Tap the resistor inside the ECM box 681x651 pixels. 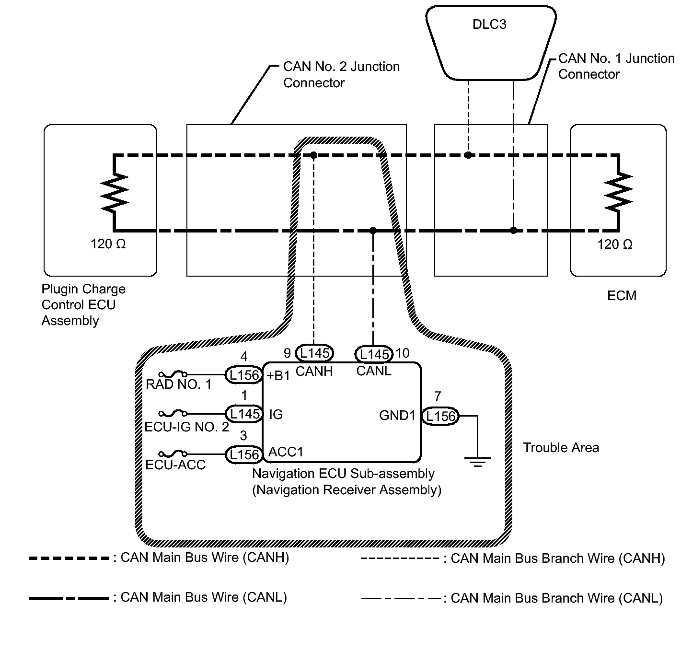[x=618, y=193]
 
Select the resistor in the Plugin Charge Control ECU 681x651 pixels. [x=115, y=193]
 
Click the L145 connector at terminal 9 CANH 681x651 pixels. [x=314, y=353]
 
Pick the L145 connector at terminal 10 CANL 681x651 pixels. [x=374, y=355]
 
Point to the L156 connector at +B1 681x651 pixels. [x=244, y=375]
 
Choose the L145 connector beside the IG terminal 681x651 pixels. [x=244, y=414]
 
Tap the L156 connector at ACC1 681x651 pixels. [x=244, y=454]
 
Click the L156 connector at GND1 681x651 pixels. [x=440, y=416]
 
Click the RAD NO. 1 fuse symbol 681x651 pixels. [x=173, y=374]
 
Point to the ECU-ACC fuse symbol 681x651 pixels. [x=173, y=453]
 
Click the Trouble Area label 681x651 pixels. [x=561, y=448]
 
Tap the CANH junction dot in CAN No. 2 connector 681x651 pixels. [x=313, y=155]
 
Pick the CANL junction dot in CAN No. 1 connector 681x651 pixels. [x=513, y=231]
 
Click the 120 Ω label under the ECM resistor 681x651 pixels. [x=614, y=245]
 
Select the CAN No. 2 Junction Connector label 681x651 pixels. [x=341, y=74]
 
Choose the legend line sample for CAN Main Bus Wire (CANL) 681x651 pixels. [x=69, y=598]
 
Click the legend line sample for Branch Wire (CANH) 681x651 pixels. [x=400, y=558]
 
